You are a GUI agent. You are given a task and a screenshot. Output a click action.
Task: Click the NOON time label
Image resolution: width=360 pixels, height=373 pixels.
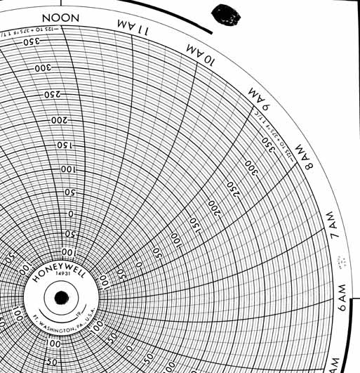pyautogui.click(x=62, y=17)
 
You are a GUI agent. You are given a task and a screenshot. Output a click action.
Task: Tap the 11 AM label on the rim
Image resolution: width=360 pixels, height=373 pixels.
pyautogui.click(x=133, y=29)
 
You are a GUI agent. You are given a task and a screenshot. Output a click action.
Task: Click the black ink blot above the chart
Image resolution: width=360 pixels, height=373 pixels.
pyautogui.click(x=227, y=14)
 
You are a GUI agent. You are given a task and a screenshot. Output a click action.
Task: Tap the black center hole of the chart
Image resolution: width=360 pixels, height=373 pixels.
pyautogui.click(x=62, y=299)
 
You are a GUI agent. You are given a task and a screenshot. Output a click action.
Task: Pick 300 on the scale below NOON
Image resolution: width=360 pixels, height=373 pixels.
pyautogui.click(x=44, y=68)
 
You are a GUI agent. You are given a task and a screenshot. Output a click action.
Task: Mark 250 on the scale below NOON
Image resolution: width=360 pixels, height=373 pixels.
pyautogui.click(x=52, y=94)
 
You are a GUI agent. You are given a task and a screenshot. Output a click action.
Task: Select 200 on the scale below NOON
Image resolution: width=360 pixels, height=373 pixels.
pyautogui.click(x=58, y=120)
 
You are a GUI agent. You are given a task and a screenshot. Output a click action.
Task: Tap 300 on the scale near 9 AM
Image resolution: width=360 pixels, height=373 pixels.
pyautogui.click(x=251, y=166)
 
